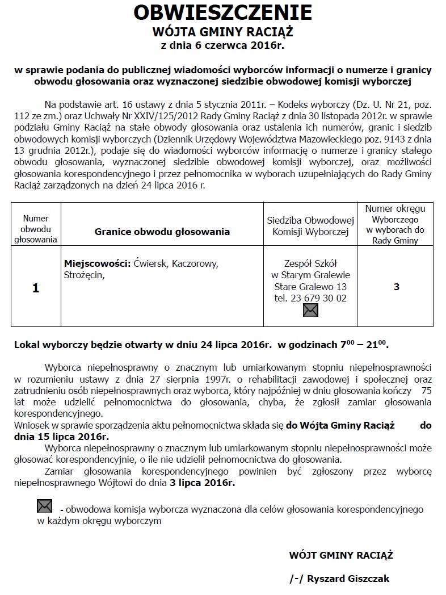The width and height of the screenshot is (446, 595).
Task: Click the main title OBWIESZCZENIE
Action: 222,12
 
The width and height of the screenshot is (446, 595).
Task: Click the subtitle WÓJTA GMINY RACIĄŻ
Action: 222,31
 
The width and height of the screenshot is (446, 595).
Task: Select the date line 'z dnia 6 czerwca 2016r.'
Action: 222,44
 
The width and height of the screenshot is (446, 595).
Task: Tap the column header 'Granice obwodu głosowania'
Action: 162,232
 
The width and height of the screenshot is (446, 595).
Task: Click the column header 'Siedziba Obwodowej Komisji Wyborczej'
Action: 310,225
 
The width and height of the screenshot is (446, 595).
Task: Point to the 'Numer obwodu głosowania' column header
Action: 36,229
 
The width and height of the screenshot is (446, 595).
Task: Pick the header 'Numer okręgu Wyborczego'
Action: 395,219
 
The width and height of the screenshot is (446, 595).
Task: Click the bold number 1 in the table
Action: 36,288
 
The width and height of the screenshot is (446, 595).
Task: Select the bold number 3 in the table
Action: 396,287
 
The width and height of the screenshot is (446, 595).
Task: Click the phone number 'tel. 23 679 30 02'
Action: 310,298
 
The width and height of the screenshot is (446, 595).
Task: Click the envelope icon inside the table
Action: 310,310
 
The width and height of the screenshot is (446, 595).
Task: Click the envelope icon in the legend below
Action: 44,506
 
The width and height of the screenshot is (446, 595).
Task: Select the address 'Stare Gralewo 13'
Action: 310,287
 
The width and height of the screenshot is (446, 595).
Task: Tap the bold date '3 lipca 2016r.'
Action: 201,483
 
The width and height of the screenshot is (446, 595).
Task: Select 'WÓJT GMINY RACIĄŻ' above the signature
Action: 341,555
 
